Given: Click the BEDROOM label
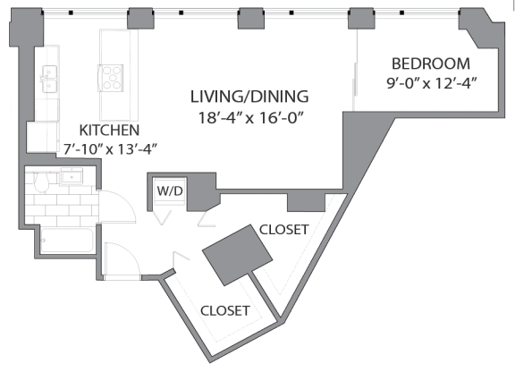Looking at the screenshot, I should (x=431, y=63).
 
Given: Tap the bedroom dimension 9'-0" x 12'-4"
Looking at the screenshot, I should (x=431, y=85).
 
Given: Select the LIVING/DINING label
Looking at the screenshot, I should (x=249, y=96).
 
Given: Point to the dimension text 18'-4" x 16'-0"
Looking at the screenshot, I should (x=249, y=117).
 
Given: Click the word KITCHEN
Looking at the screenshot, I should (x=108, y=129).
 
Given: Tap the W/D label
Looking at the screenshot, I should (x=169, y=191).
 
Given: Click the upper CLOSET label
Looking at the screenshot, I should (x=283, y=230).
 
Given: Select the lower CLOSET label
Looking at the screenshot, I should (x=224, y=310).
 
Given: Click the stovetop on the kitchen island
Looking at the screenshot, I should (x=113, y=75).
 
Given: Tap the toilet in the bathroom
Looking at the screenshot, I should (x=40, y=182).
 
